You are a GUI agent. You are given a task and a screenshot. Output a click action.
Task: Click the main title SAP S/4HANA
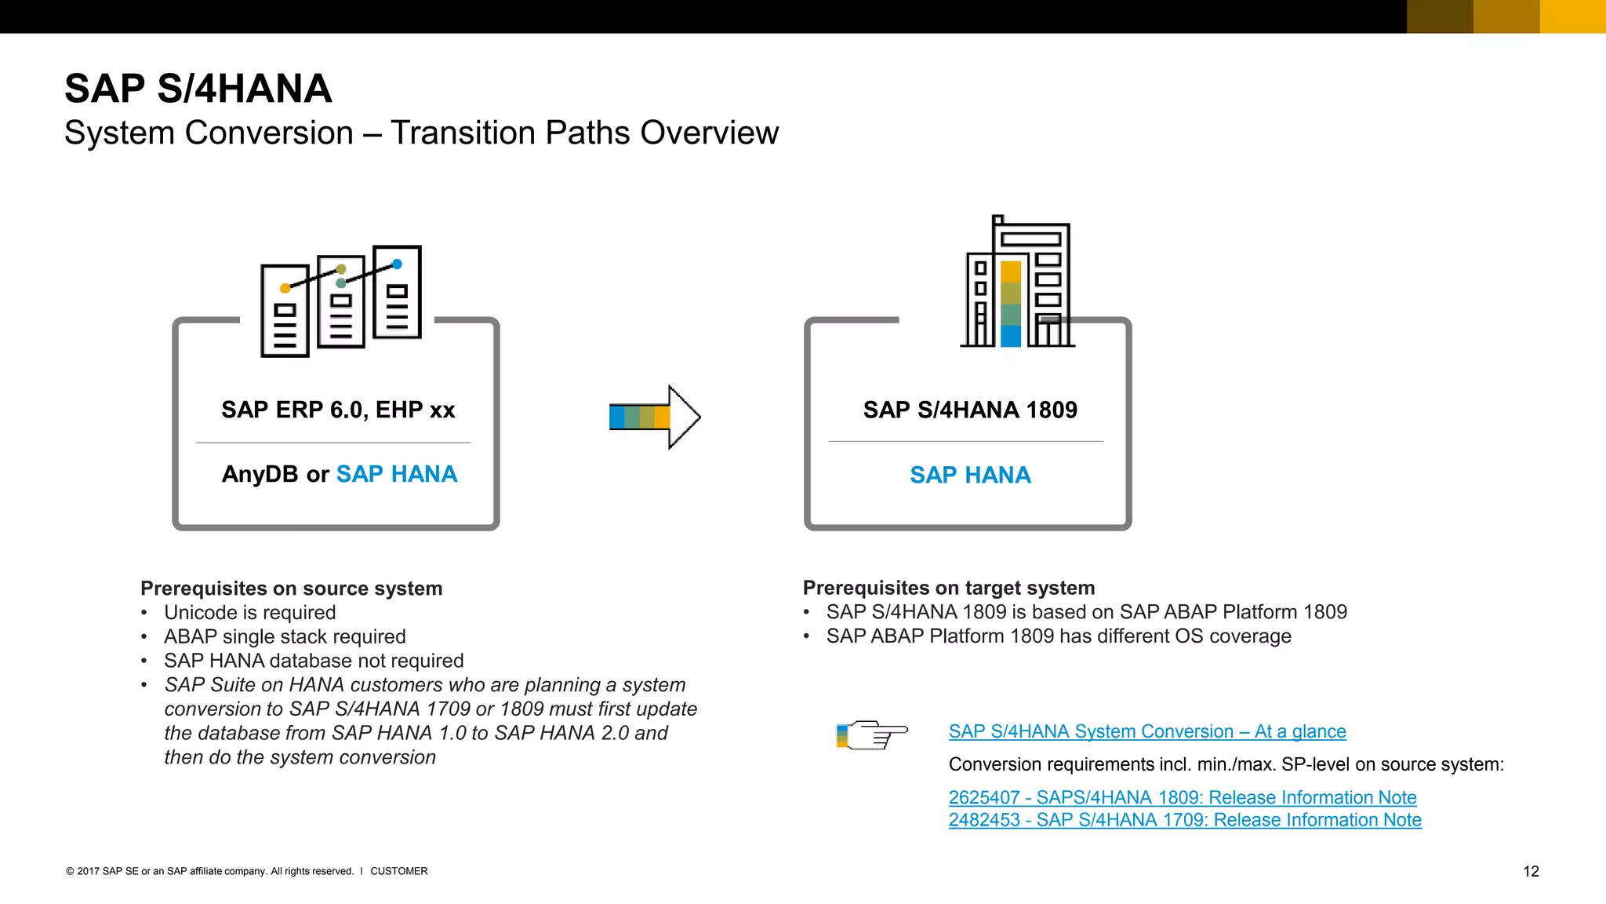198,88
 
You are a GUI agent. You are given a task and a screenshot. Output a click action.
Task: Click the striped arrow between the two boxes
653,417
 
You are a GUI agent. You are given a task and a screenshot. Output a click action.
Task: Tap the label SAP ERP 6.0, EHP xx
338,410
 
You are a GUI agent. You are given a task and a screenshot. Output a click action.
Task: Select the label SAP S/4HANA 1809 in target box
970,410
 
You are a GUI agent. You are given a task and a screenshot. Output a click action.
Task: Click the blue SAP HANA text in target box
970,475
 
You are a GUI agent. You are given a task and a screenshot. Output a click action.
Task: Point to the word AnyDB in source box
260,474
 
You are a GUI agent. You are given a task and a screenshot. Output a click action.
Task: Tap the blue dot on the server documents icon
397,264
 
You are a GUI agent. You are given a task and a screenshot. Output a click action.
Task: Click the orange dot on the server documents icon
285,289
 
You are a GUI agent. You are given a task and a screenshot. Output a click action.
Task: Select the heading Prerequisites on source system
291,589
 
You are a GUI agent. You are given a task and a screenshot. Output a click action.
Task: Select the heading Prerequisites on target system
948,588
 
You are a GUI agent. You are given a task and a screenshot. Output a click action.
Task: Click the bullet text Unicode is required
249,613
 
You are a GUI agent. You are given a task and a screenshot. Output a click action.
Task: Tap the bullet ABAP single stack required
285,636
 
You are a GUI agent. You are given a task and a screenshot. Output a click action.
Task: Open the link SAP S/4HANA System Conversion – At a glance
1146,731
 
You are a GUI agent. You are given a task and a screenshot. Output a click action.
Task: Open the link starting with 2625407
1182,797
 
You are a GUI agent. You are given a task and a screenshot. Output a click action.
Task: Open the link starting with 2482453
1184,820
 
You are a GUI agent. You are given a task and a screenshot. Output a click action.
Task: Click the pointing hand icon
872,734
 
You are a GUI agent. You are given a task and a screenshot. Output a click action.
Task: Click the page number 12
1531,871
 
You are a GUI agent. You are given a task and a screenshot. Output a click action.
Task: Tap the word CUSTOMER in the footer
398,871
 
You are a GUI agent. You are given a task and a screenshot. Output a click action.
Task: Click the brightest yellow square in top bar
1572,16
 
